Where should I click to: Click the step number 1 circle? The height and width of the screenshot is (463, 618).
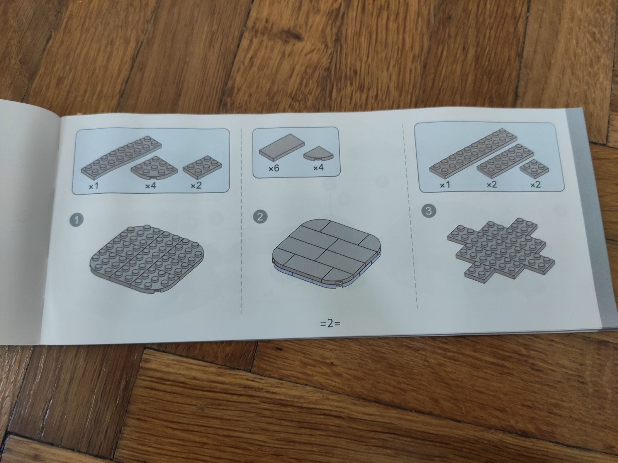[76, 220]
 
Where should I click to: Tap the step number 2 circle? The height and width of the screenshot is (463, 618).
[260, 216]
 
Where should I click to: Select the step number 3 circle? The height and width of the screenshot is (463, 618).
[429, 211]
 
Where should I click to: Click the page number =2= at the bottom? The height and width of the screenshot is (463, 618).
[330, 324]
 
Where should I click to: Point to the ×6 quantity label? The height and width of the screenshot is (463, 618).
[274, 169]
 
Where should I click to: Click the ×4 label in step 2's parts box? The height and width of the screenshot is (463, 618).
[318, 168]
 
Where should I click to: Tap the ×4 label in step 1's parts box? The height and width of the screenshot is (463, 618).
[151, 186]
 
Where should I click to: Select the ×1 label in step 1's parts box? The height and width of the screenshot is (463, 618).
[94, 186]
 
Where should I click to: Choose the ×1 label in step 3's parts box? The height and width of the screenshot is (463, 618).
[445, 185]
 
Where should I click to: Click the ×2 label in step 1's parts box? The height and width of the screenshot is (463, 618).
[196, 186]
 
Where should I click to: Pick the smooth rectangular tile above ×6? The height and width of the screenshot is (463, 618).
[282, 147]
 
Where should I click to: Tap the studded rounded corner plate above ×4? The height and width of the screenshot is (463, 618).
[154, 167]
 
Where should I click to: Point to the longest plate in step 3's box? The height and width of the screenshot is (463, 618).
[473, 154]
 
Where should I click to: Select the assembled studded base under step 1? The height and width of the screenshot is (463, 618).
[147, 259]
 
